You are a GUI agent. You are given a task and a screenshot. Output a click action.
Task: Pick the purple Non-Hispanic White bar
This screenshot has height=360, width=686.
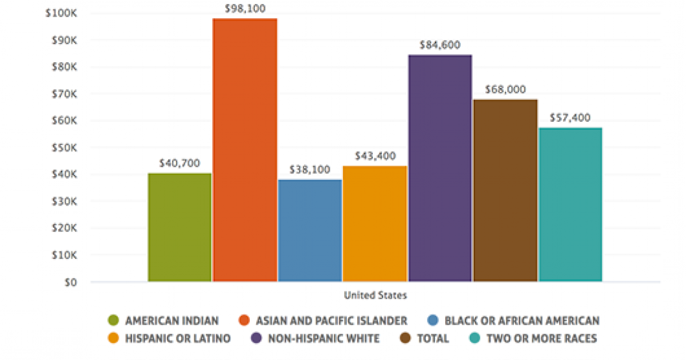coord(440,168)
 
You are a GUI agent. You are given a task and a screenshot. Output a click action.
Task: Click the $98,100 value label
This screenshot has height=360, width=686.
coord(245,9)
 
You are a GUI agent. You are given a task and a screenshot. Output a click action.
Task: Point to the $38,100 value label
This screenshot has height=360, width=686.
coord(310,170)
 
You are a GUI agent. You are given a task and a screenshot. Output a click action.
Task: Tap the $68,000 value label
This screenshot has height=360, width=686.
coord(505,90)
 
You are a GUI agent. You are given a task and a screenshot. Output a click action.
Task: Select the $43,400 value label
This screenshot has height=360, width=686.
coord(375,155)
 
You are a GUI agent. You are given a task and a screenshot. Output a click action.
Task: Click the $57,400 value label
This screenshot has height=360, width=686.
coord(570,118)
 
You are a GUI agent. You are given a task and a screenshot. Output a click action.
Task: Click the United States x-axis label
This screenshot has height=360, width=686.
coord(375,295)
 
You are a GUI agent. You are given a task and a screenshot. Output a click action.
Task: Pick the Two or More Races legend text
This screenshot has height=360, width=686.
coord(541,338)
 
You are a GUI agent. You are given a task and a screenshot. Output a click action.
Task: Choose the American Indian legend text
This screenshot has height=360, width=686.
coord(171,321)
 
